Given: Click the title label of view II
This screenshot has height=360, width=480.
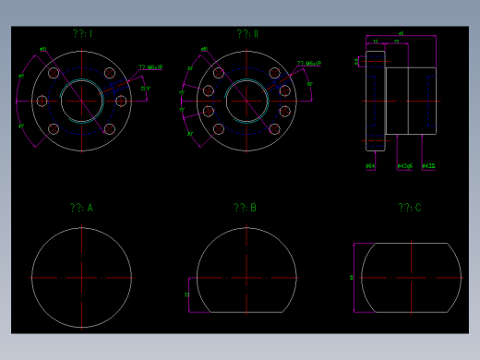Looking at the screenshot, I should pos(246,34).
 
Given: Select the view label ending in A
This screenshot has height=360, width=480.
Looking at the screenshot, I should pos(81,208).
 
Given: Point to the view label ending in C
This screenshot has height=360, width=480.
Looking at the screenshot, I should pos(410,208).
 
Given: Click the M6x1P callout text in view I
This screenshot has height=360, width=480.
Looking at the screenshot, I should pos(150,67).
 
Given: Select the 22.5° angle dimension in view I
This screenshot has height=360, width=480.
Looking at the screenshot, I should pos(145,90).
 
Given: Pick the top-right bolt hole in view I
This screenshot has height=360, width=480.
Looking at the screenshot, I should pos(110,73).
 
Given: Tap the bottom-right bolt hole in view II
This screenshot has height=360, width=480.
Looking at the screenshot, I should pos(273,129).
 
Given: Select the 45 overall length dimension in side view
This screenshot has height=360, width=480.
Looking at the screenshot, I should pos(401,33).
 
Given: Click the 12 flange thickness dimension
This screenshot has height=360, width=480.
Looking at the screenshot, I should pos(375,42).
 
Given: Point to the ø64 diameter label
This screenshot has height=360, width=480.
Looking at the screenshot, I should pos(370,166).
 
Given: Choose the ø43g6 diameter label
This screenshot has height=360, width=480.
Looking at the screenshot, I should pos(404,166).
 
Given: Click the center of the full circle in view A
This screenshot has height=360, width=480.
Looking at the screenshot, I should pos(81,277).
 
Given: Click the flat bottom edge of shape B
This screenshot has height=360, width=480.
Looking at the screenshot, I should pos(246,312).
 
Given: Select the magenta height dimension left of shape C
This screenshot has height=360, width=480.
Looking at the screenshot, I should pos(352,277).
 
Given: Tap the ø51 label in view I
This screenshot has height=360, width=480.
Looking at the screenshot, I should pos(43,50).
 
